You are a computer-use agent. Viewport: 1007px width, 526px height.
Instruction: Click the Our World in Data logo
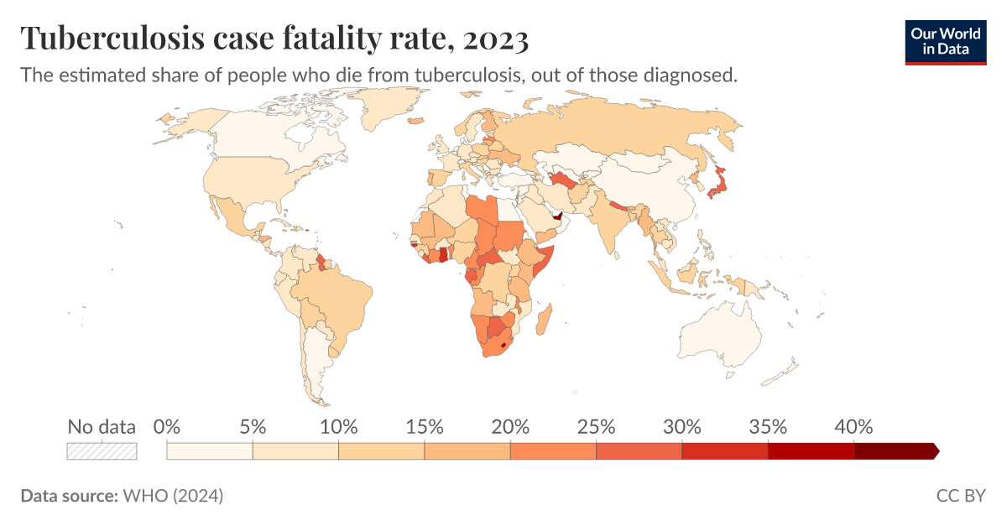point(945,39)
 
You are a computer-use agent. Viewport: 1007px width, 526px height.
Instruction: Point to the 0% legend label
point(168,426)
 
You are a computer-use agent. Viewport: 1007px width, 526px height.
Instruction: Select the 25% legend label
point(595,426)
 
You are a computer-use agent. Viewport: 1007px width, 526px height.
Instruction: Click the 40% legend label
point(853,426)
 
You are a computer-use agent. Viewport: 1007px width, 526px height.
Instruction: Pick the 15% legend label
point(424,426)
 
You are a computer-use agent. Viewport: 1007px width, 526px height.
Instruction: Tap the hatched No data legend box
point(102,451)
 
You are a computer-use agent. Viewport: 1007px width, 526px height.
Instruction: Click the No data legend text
point(102,426)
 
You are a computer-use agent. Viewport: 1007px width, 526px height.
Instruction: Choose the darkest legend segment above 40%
point(894,451)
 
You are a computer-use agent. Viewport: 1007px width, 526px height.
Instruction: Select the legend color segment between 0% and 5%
point(210,451)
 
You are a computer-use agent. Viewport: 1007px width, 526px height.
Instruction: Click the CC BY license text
point(961,496)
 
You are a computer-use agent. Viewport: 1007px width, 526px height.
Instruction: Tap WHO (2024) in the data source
point(173,496)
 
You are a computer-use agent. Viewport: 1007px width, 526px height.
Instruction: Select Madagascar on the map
point(544,319)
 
